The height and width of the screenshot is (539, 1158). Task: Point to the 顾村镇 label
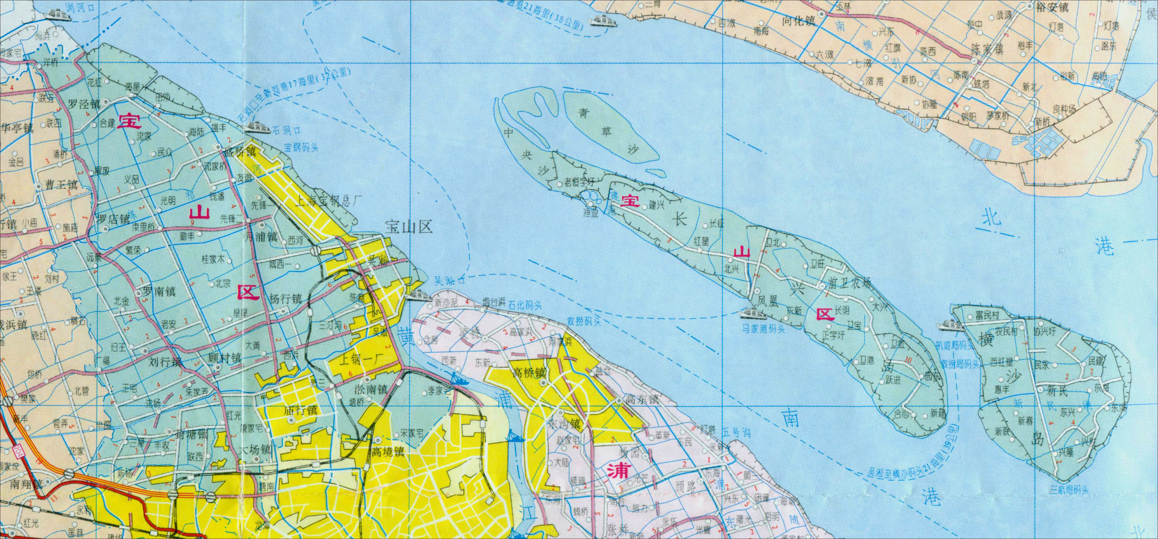pyautogui.click(x=225, y=358)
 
